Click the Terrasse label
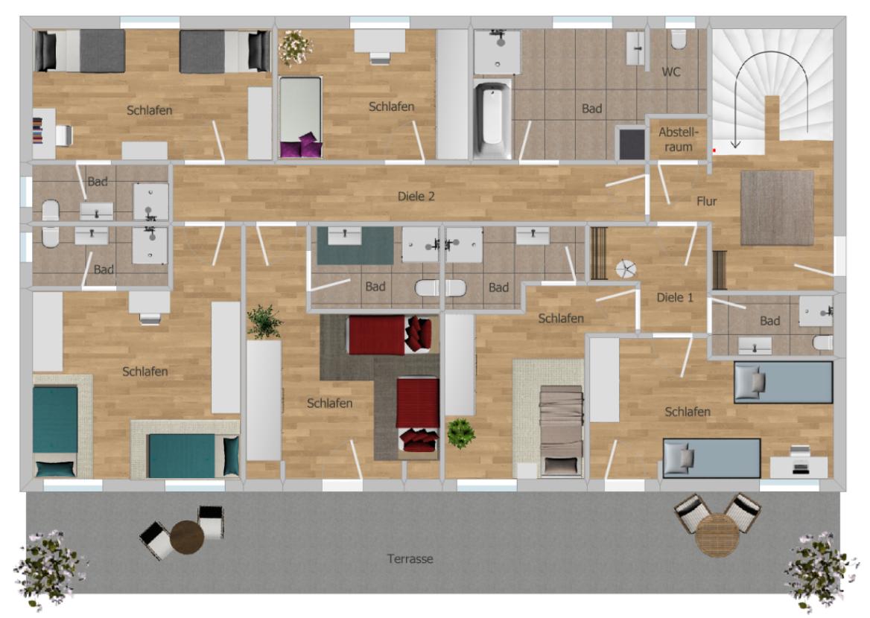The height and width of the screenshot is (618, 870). (410, 558)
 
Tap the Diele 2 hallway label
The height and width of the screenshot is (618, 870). (416, 197)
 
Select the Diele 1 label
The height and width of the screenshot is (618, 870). (674, 297)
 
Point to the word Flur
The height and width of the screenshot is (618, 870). (706, 200)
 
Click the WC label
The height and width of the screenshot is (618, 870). (671, 71)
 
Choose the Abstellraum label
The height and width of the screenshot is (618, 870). (679, 139)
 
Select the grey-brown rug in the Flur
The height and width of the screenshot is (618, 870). (777, 207)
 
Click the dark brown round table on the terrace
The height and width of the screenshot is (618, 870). (187, 536)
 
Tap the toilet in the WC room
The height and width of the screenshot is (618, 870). (679, 39)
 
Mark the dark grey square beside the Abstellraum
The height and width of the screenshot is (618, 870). (632, 144)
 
